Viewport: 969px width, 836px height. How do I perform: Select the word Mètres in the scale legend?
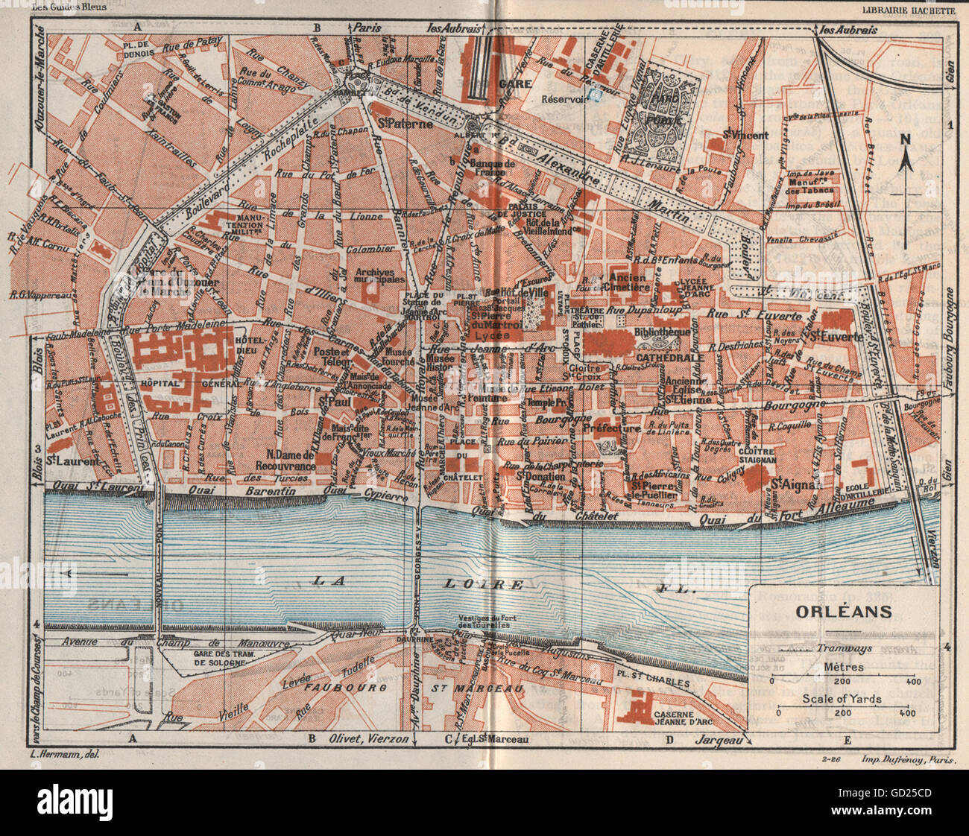tap(845, 667)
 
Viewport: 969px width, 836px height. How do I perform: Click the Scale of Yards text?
tap(842, 698)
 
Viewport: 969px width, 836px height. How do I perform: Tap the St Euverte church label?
tap(836, 337)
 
